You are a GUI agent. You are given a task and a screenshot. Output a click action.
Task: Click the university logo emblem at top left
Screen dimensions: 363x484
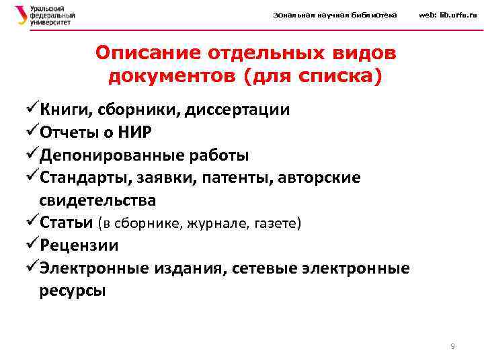click(22, 15)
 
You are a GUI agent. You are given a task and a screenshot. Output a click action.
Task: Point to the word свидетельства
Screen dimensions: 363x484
click(97, 200)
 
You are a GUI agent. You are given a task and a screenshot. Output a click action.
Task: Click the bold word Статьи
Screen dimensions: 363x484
click(67, 223)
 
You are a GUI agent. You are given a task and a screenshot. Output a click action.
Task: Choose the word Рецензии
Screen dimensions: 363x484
click(79, 245)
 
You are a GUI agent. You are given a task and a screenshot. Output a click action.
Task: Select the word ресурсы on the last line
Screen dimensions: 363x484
click(72, 291)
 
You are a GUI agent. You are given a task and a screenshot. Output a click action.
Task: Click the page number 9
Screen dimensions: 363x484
click(452, 346)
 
